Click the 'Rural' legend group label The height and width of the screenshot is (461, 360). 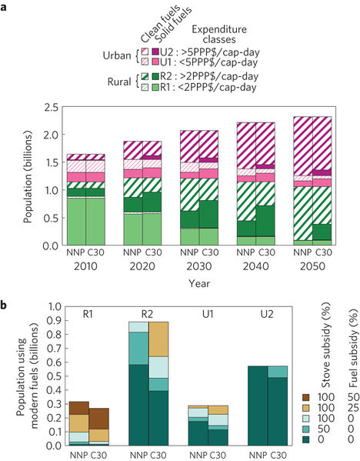(x=115, y=84)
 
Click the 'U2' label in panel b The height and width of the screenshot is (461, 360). (x=266, y=313)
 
